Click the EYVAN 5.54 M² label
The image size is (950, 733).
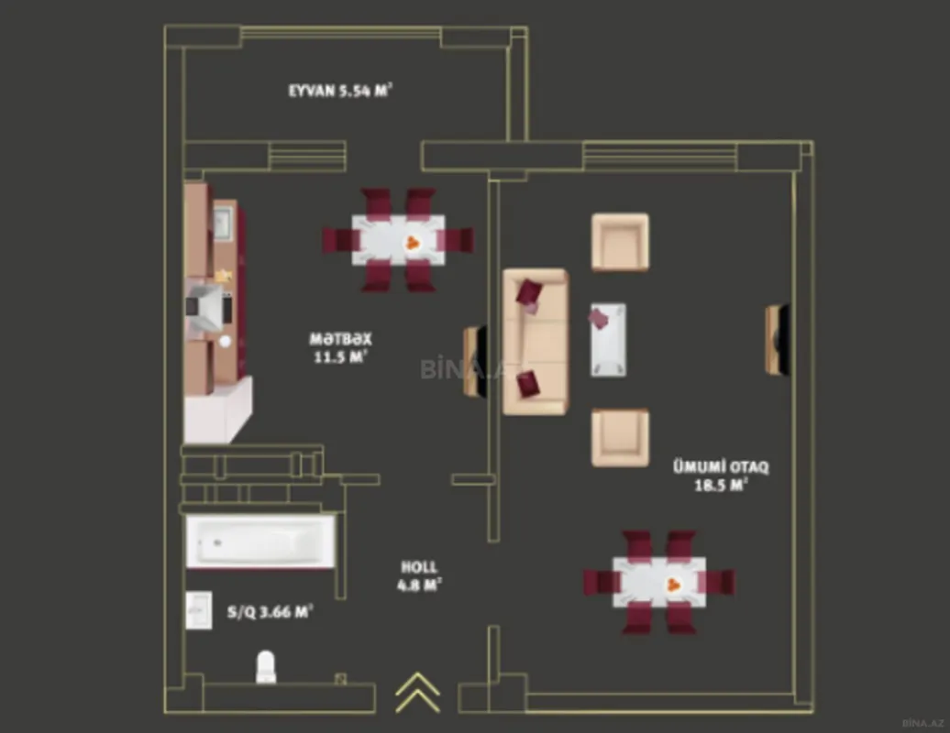(x=341, y=90)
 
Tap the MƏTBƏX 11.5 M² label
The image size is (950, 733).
(x=340, y=347)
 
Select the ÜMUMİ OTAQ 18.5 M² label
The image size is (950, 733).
(x=721, y=476)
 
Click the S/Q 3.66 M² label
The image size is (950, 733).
(x=271, y=612)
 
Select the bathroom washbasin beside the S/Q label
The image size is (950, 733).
(x=199, y=609)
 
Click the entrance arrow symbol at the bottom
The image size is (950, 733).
(x=417, y=693)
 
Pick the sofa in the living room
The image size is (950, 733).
(x=535, y=341)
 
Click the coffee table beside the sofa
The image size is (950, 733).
(x=608, y=340)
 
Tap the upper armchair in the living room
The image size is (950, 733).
(x=620, y=242)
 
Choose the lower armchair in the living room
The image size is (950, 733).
(x=620, y=437)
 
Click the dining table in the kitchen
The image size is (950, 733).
(x=399, y=240)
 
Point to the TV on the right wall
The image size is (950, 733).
(x=778, y=340)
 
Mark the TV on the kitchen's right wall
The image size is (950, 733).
(x=473, y=361)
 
